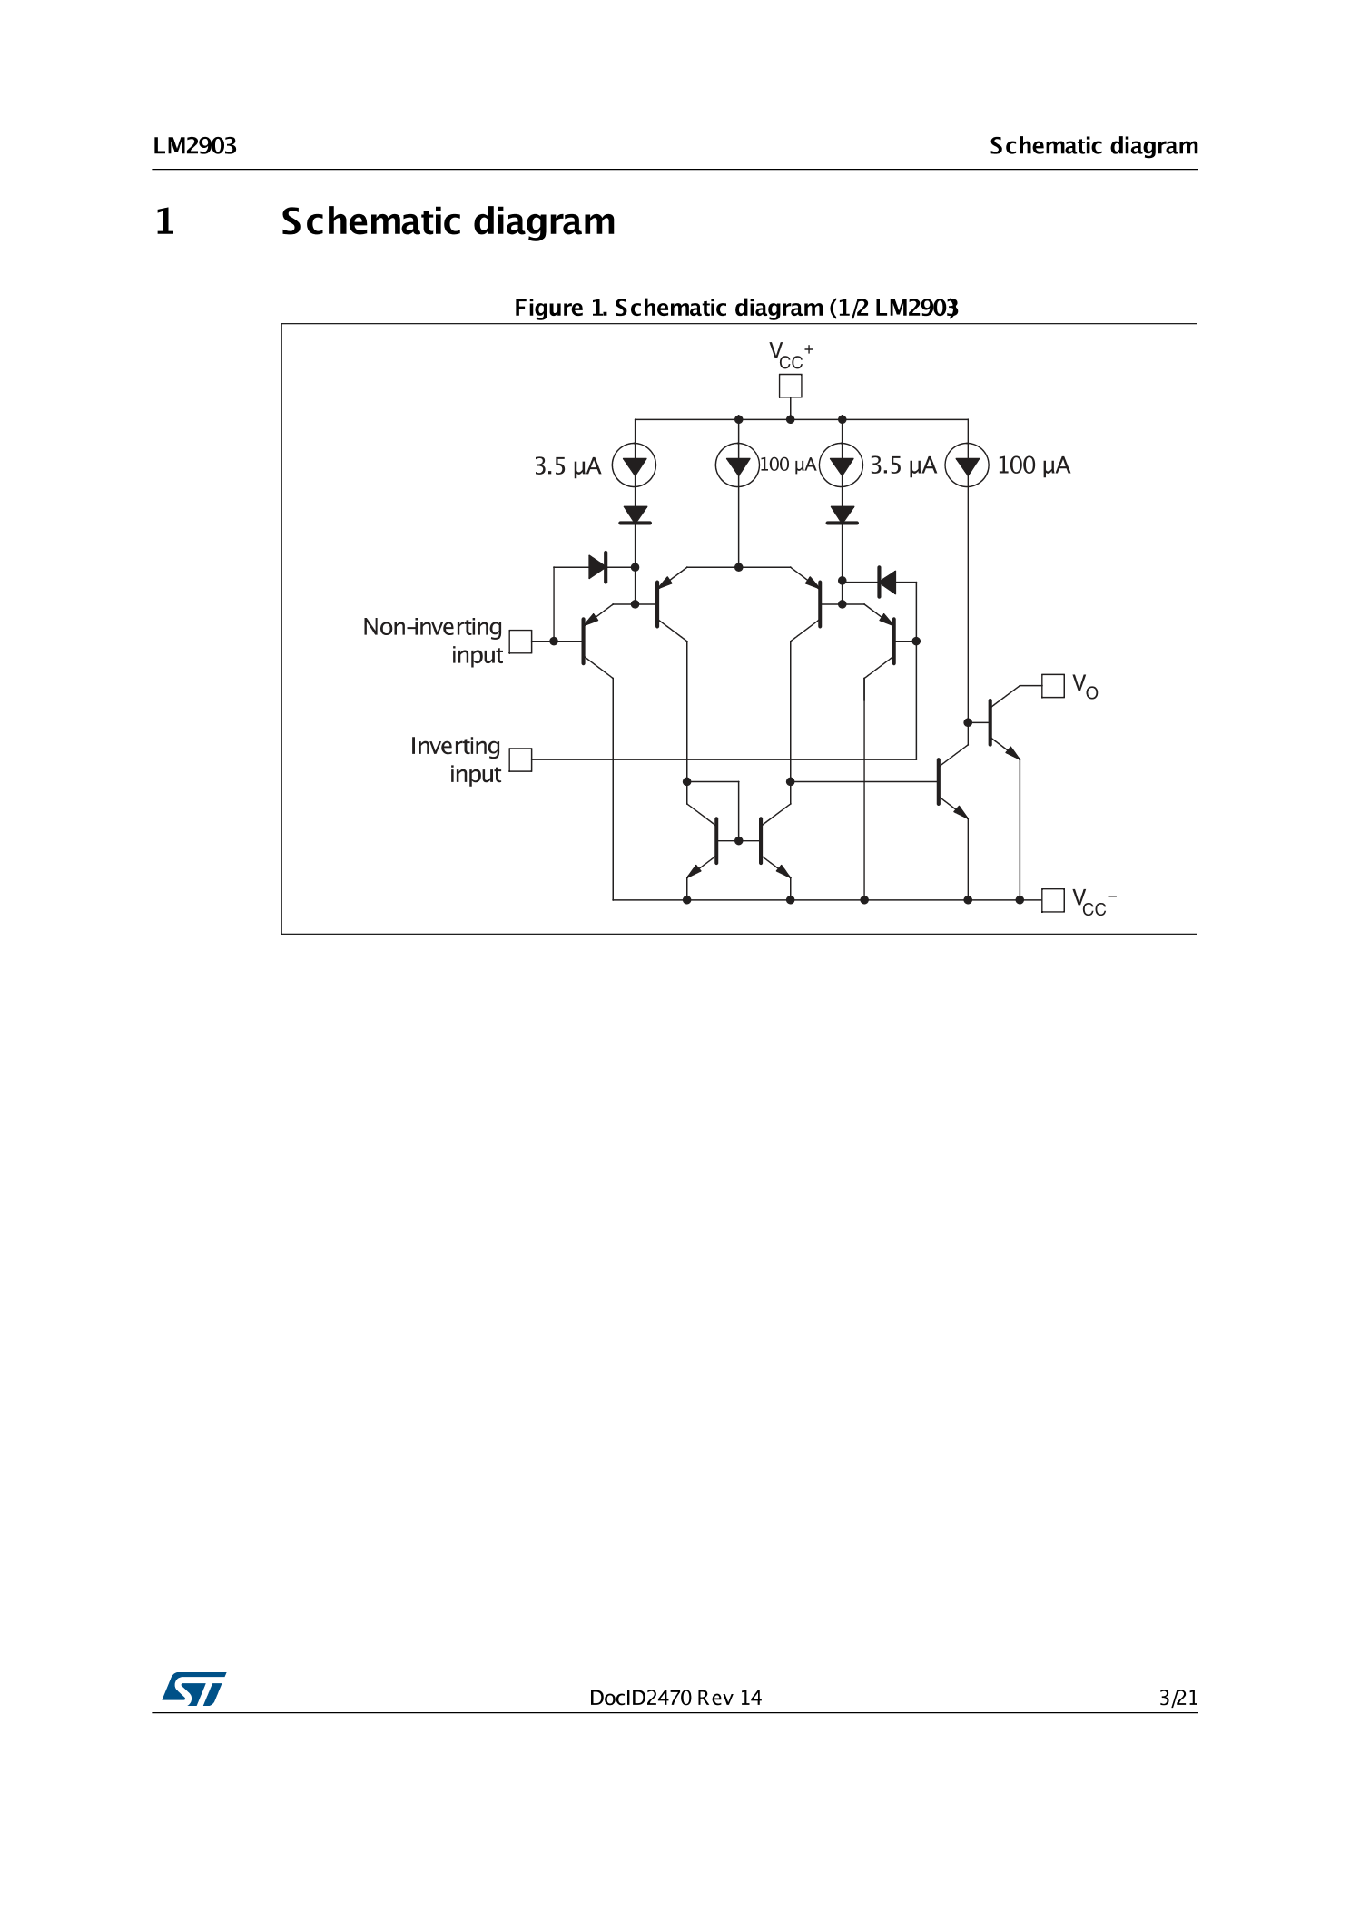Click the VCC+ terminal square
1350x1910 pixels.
click(x=790, y=386)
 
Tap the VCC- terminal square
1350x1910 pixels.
click(x=1052, y=900)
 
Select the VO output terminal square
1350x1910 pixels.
click(x=1052, y=686)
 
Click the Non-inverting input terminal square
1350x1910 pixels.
click(x=520, y=642)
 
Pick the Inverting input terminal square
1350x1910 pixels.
click(x=520, y=759)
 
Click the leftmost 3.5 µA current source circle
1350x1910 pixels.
click(x=635, y=465)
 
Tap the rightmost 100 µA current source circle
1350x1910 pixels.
click(x=967, y=465)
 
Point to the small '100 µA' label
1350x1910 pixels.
click(x=787, y=465)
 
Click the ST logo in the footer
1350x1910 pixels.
click(x=194, y=1689)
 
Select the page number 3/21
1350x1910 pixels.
click(x=1178, y=1698)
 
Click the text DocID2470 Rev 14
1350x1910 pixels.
click(x=675, y=1698)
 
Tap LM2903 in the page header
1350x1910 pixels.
click(x=194, y=146)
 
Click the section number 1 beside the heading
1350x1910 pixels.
click(x=164, y=222)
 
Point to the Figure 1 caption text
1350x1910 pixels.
click(x=735, y=308)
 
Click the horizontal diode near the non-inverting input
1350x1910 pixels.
click(x=597, y=567)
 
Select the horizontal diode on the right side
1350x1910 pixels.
click(x=887, y=582)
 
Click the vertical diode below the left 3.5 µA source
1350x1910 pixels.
click(x=635, y=515)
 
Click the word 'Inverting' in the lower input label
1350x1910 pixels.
click(x=455, y=746)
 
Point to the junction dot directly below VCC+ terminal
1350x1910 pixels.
click(x=790, y=419)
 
